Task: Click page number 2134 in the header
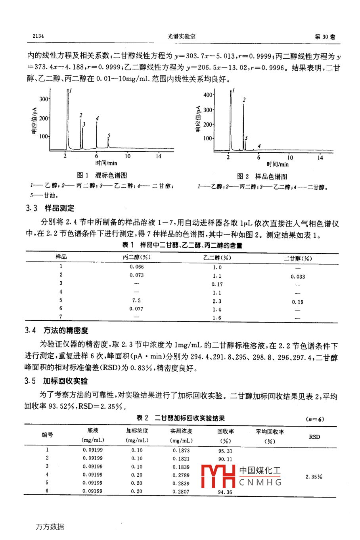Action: (x=38, y=36)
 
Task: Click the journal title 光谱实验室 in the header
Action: (x=181, y=36)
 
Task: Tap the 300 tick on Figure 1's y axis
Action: (x=44, y=99)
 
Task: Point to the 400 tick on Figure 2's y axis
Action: (x=207, y=95)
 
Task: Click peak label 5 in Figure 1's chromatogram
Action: (x=109, y=136)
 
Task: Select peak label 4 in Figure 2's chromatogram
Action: (x=259, y=146)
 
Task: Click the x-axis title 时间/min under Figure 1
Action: (x=106, y=163)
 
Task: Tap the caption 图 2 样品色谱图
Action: (x=262, y=177)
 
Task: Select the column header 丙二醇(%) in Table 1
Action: (x=137, y=257)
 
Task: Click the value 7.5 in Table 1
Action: (x=136, y=300)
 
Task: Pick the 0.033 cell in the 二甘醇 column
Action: (x=298, y=277)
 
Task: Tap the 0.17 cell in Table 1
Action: (x=217, y=284)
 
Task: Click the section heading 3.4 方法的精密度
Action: (x=57, y=330)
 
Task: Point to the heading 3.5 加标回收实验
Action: (x=56, y=381)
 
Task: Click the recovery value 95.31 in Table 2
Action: (x=225, y=451)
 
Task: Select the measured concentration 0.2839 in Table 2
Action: (x=181, y=483)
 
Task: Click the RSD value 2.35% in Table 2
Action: (x=314, y=477)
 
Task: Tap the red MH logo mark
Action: (x=218, y=476)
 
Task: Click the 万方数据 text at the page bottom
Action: (x=50, y=527)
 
